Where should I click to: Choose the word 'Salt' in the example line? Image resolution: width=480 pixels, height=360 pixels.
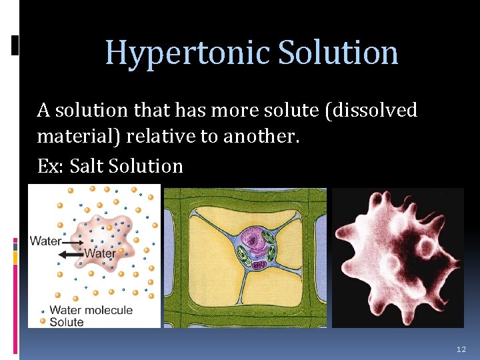tap(91, 165)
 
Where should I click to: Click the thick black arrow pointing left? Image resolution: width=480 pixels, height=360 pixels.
tap(71, 254)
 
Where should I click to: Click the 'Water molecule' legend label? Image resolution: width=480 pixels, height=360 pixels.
tap(91, 310)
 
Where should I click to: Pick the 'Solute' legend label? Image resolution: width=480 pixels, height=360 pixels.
tap(67, 322)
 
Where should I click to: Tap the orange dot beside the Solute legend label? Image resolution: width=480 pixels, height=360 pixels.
tap(43, 321)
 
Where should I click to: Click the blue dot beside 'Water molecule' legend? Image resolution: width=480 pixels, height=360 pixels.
tap(43, 311)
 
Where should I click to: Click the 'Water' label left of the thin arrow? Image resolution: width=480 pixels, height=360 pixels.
tap(45, 241)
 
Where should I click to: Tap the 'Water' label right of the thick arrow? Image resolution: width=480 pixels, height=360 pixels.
tap(100, 253)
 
